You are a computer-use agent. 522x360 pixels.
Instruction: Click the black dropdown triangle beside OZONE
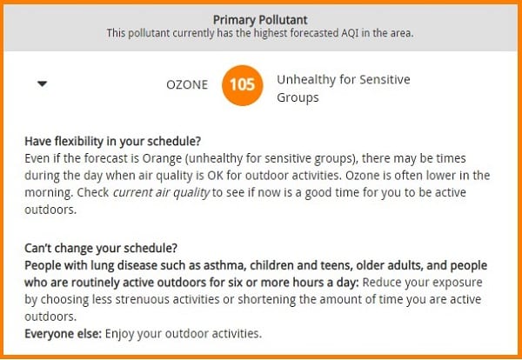pos(43,83)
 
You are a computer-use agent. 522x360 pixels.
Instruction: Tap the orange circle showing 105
pos(243,85)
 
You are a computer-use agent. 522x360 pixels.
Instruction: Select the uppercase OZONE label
pos(187,85)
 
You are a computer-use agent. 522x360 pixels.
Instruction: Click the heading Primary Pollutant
pos(260,20)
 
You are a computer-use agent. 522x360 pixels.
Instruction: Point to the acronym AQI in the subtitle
pos(349,33)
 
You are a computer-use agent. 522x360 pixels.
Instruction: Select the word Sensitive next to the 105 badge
pos(385,79)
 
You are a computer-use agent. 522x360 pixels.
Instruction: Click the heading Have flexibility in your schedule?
pos(113,142)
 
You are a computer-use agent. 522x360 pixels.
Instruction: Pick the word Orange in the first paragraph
pos(162,159)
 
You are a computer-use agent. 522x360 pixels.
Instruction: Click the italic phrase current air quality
pos(161,193)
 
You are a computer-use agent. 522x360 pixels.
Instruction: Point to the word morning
pos(49,193)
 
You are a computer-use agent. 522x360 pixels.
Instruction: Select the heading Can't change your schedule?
pos(101,248)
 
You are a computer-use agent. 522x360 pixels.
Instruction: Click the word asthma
pos(224,265)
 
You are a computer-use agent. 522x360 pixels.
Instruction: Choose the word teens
pos(335,265)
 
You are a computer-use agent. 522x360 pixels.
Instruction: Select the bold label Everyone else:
pos(63,334)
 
